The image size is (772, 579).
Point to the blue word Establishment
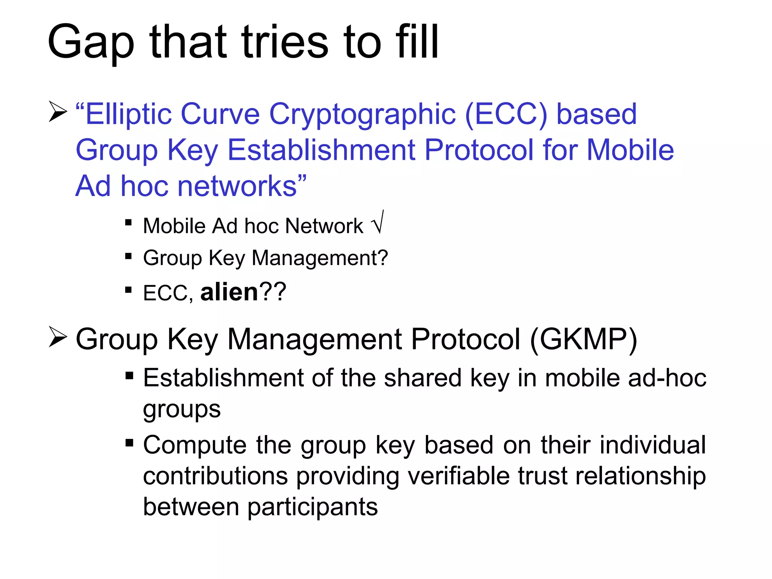[322, 150]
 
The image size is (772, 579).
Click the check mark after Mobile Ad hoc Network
[378, 223]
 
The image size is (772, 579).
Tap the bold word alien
[229, 292]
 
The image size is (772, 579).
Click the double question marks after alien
[273, 292]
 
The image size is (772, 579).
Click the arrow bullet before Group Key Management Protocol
[58, 337]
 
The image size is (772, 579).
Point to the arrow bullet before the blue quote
[58, 112]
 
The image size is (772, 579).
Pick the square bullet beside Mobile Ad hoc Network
[129, 222]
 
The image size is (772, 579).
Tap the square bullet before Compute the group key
[129, 442]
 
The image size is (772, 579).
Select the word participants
[312, 507]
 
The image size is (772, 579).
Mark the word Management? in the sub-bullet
[320, 258]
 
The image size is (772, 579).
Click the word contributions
[215, 476]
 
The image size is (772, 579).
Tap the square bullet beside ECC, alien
[129, 290]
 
